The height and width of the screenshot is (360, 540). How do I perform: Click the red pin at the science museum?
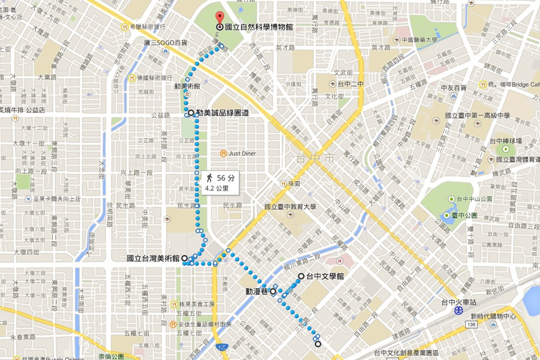pos(219,17)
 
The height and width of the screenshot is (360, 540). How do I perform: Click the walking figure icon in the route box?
pos(208,178)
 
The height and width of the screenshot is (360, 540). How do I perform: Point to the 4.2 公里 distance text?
pos(217,189)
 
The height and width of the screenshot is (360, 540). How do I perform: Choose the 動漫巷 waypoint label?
pos(257,291)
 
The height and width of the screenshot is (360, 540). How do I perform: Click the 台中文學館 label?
pos(325,276)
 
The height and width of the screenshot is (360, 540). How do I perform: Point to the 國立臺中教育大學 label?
pos(290,206)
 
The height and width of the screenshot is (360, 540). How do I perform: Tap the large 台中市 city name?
pos(314,159)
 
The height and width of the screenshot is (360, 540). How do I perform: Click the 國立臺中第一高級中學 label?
pos(477,115)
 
